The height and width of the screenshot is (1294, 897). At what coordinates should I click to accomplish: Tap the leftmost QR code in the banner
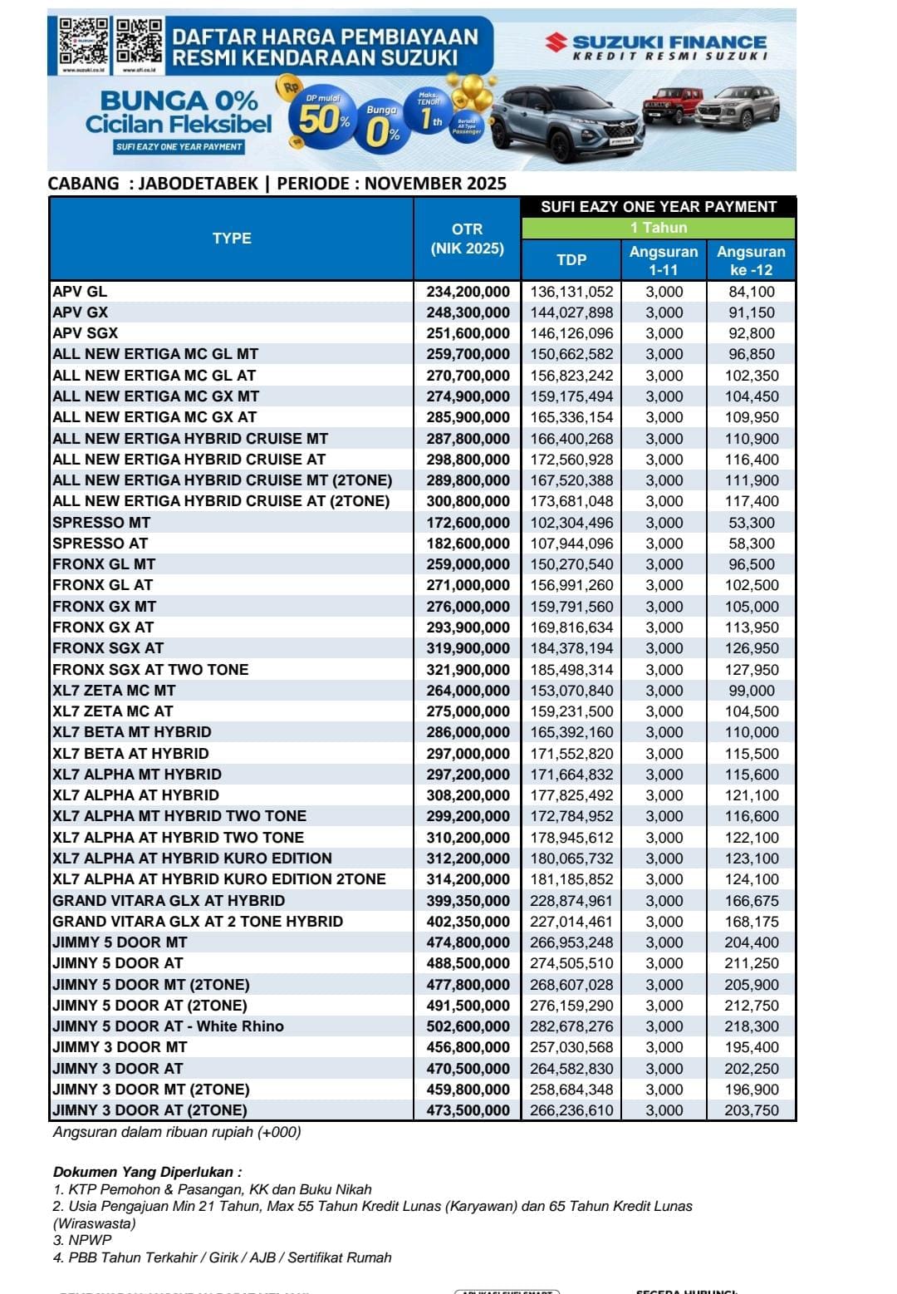pyautogui.click(x=83, y=42)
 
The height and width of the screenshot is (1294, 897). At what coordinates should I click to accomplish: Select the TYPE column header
pyautogui.click(x=232, y=239)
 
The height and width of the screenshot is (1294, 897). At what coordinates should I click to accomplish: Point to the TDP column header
pyautogui.click(x=571, y=260)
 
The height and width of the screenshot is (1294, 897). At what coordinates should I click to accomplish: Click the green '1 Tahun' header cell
pyautogui.click(x=659, y=228)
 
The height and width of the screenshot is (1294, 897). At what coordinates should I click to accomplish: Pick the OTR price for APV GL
pyautogui.click(x=468, y=292)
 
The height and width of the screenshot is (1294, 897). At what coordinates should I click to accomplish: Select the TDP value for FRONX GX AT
pyautogui.click(x=571, y=627)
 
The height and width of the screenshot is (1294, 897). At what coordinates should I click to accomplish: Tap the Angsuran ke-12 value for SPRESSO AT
pyautogui.click(x=751, y=544)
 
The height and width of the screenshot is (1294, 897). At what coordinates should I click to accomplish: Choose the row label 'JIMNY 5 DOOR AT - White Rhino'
pyautogui.click(x=168, y=1026)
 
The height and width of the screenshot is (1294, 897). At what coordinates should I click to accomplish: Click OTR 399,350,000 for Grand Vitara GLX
pyautogui.click(x=468, y=901)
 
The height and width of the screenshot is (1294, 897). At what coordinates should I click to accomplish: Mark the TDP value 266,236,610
pyautogui.click(x=571, y=1110)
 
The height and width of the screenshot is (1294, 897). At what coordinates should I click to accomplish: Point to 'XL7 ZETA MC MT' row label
pyautogui.click(x=114, y=691)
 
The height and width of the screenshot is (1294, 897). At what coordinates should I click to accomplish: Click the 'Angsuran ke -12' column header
pyautogui.click(x=751, y=260)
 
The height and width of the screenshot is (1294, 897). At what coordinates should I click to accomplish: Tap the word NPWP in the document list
pyautogui.click(x=90, y=1240)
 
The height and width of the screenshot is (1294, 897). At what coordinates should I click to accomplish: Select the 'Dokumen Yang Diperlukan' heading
pyautogui.click(x=147, y=1172)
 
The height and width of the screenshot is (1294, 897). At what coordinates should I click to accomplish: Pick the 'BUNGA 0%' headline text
pyautogui.click(x=179, y=101)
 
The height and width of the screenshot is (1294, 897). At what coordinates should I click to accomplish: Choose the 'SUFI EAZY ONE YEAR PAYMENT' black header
pyautogui.click(x=659, y=207)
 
